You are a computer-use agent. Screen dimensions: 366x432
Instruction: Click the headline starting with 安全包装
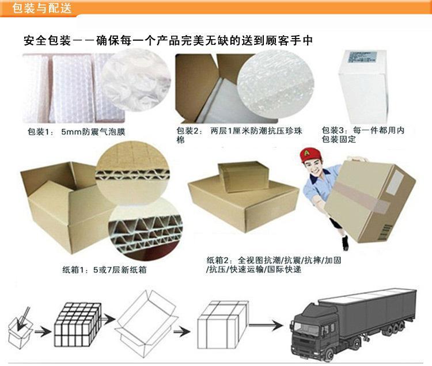coord(168,41)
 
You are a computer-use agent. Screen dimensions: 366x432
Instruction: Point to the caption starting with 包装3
coord(362,135)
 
